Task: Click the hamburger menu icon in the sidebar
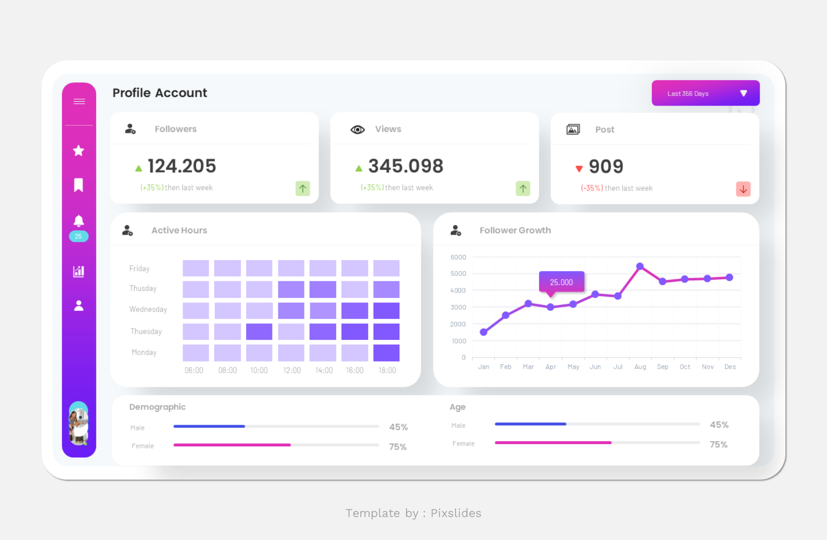pos(79,101)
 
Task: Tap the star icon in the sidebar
pos(79,151)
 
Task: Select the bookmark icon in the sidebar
pos(79,185)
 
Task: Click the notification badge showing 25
pos(79,236)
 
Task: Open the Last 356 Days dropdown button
pos(705,93)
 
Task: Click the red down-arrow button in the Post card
pos(743,189)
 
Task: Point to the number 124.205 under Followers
pos(182,166)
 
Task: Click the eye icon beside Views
pos(357,130)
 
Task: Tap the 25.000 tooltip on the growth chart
pos(561,282)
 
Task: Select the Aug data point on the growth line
pos(640,266)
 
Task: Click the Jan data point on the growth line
pos(484,332)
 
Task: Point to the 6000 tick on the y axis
pos(458,257)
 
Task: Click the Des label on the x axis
pos(730,367)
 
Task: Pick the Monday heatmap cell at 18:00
pos(386,353)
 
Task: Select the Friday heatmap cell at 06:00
pos(196,268)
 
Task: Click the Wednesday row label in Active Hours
pos(148,309)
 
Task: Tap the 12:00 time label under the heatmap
pos(292,370)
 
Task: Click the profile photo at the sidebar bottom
pos(79,424)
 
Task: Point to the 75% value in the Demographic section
pos(398,447)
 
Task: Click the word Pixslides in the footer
pos(456,513)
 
